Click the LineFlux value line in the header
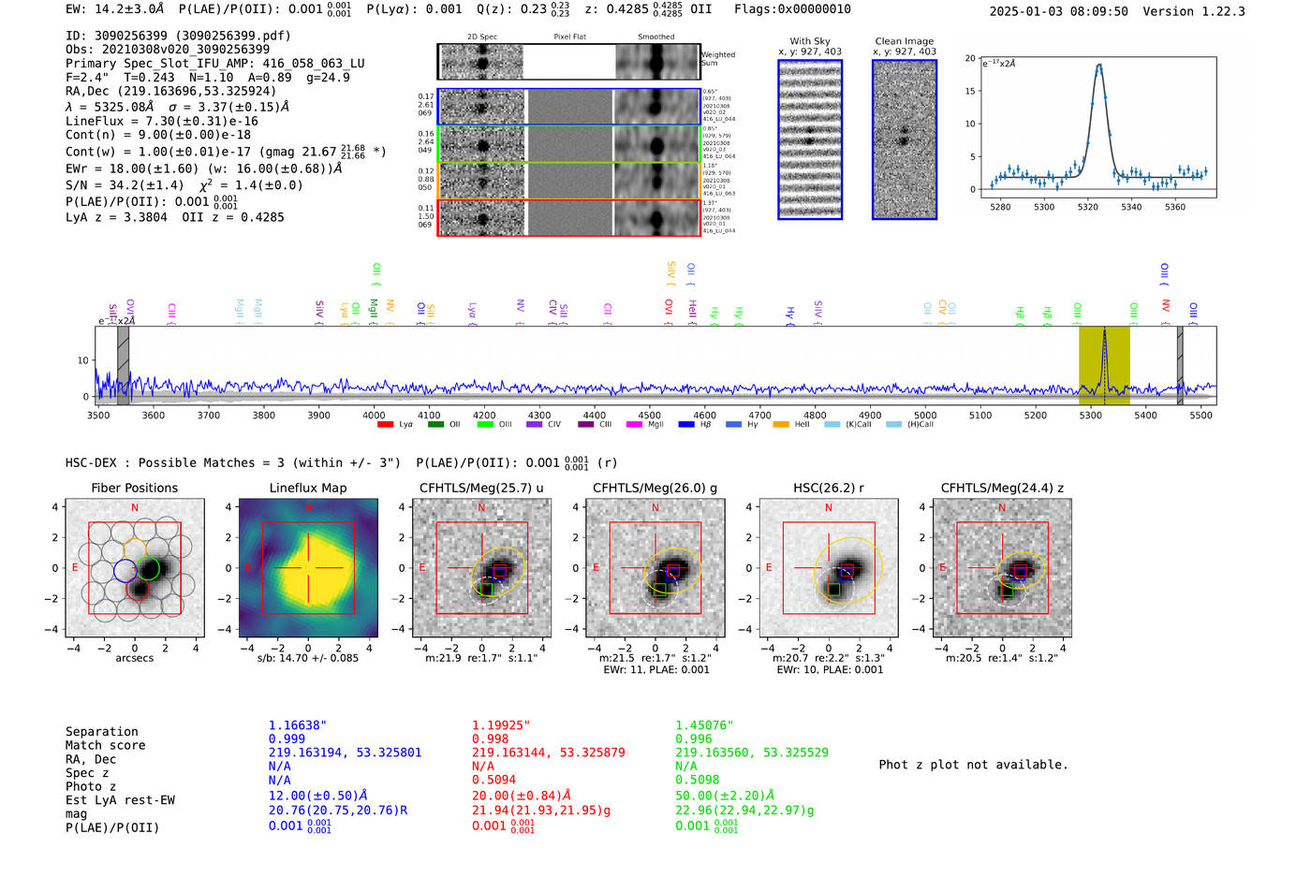pyautogui.click(x=162, y=121)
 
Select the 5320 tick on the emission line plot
pyautogui.click(x=1087, y=206)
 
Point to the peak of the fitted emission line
pyautogui.click(x=1099, y=65)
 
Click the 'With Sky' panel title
pyautogui.click(x=809, y=41)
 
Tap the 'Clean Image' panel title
pyautogui.click(x=904, y=41)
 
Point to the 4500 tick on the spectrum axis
pyautogui.click(x=649, y=415)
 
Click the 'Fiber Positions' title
pyautogui.click(x=134, y=488)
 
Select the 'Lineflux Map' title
pyautogui.click(x=307, y=488)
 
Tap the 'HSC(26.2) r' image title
pyautogui.click(x=828, y=488)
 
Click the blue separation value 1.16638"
pyautogui.click(x=297, y=725)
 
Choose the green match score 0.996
pyautogui.click(x=694, y=738)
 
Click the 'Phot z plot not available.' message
pyautogui.click(x=973, y=765)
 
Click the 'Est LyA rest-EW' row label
pyautogui.click(x=120, y=800)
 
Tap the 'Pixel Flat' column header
pyautogui.click(x=569, y=37)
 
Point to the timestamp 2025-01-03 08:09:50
pyautogui.click(x=1058, y=11)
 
